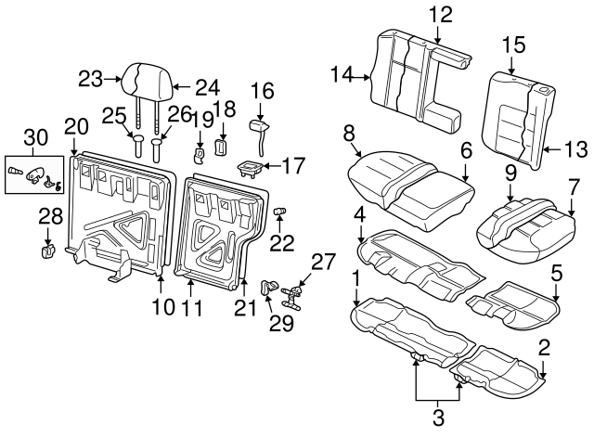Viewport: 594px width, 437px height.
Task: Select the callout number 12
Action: (x=441, y=14)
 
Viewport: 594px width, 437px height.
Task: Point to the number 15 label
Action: (x=513, y=45)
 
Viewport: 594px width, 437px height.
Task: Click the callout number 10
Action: (x=163, y=306)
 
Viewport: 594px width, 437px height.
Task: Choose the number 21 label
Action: (x=245, y=307)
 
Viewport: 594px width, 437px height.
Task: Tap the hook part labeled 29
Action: (x=269, y=288)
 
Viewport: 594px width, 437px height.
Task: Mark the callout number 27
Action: (x=320, y=261)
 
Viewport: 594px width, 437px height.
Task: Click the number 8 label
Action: (x=349, y=135)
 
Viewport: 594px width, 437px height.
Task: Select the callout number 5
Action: (x=557, y=273)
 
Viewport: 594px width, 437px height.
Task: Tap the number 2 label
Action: (x=544, y=348)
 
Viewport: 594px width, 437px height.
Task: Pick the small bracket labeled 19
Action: (x=200, y=151)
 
